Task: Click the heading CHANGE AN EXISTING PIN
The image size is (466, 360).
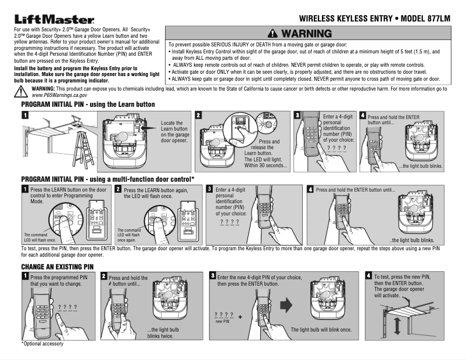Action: pos(58,266)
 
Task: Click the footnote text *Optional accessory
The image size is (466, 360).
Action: pos(42,344)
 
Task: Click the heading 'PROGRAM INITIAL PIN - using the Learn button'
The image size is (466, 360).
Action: pos(88,104)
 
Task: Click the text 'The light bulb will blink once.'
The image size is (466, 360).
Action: pos(321,330)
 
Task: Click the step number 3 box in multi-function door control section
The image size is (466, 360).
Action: pos(209,189)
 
